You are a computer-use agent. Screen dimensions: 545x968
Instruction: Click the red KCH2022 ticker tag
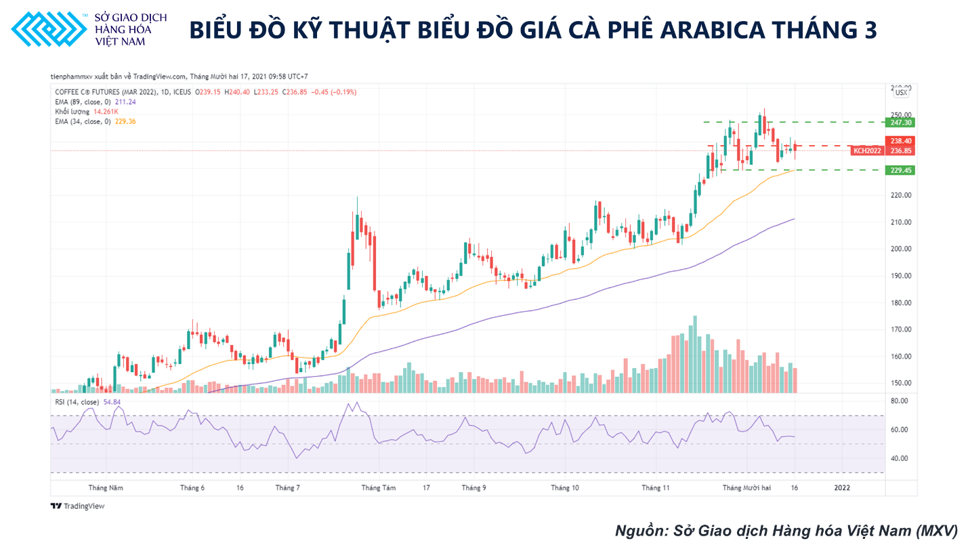pyautogui.click(x=867, y=150)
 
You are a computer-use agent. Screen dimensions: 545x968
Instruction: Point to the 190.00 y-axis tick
pyautogui.click(x=901, y=276)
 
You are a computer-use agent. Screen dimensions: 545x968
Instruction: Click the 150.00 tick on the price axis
pyautogui.click(x=901, y=383)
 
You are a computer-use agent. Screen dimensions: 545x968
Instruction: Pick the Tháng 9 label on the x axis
pyautogui.click(x=474, y=487)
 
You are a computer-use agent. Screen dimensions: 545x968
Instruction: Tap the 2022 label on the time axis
pyautogui.click(x=842, y=487)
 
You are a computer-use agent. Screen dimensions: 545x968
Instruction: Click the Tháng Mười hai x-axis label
pyautogui.click(x=746, y=487)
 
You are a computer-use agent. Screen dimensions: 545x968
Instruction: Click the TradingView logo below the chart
pyautogui.click(x=78, y=506)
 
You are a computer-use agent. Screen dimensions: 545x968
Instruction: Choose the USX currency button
pyautogui.click(x=901, y=92)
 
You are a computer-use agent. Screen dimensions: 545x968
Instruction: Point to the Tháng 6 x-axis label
pyautogui.click(x=192, y=487)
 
